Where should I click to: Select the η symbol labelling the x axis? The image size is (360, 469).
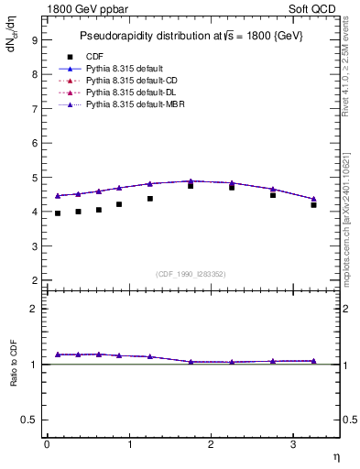click(x=335, y=457)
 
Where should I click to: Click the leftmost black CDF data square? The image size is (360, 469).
click(x=57, y=213)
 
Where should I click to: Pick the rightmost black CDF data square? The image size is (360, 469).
click(x=313, y=205)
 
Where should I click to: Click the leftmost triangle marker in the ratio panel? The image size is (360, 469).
click(x=57, y=354)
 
